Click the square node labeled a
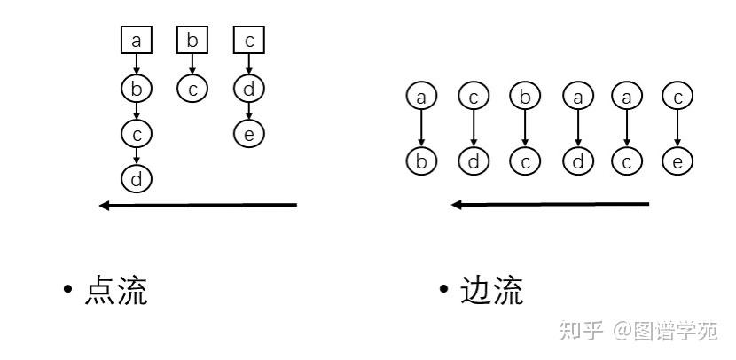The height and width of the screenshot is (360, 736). pyautogui.click(x=137, y=40)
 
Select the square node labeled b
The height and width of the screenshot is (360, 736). pyautogui.click(x=192, y=40)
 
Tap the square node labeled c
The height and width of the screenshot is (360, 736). pyautogui.click(x=249, y=40)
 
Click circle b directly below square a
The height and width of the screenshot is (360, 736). pyautogui.click(x=137, y=88)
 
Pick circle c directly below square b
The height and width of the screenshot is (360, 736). pyautogui.click(x=192, y=88)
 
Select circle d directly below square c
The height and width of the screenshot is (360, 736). pyautogui.click(x=249, y=88)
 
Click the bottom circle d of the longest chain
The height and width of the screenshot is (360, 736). pyautogui.click(x=137, y=179)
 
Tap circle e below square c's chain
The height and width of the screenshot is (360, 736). pyautogui.click(x=249, y=133)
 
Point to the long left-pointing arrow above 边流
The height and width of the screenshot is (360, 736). pyautogui.click(x=551, y=204)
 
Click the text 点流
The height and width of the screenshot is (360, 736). pyautogui.click(x=115, y=291)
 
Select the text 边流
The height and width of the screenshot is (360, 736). pyautogui.click(x=491, y=291)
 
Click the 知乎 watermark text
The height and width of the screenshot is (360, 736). pyautogui.click(x=581, y=331)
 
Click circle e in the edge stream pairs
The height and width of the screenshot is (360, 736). pyautogui.click(x=677, y=161)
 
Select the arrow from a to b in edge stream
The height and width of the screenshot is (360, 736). pyautogui.click(x=422, y=129)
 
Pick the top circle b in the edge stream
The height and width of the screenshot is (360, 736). pyautogui.click(x=525, y=96)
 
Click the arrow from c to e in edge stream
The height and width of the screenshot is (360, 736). pyautogui.click(x=677, y=129)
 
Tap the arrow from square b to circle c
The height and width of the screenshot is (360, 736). pyautogui.click(x=192, y=64)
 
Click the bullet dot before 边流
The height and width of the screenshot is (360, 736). pyautogui.click(x=443, y=292)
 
